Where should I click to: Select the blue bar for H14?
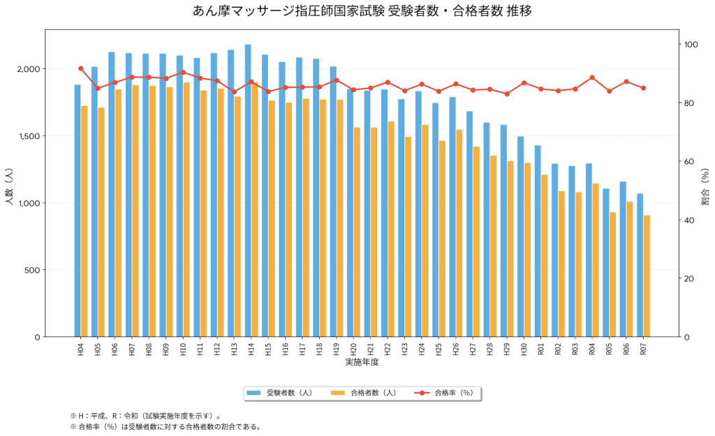click(x=248, y=190)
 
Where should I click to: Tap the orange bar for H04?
click(x=84, y=221)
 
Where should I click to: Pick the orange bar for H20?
click(x=357, y=232)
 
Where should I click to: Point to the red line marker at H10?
click(x=183, y=72)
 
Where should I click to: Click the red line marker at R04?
click(x=592, y=77)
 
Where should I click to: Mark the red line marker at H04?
click(x=81, y=68)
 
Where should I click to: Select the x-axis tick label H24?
click(x=421, y=349)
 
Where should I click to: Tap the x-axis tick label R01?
click(x=540, y=349)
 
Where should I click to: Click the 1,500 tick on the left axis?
click(x=30, y=136)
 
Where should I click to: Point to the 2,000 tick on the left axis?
click(x=30, y=69)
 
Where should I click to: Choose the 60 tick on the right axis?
click(x=691, y=162)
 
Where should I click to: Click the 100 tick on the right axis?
click(x=693, y=45)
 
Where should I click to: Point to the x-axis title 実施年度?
click(x=362, y=363)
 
